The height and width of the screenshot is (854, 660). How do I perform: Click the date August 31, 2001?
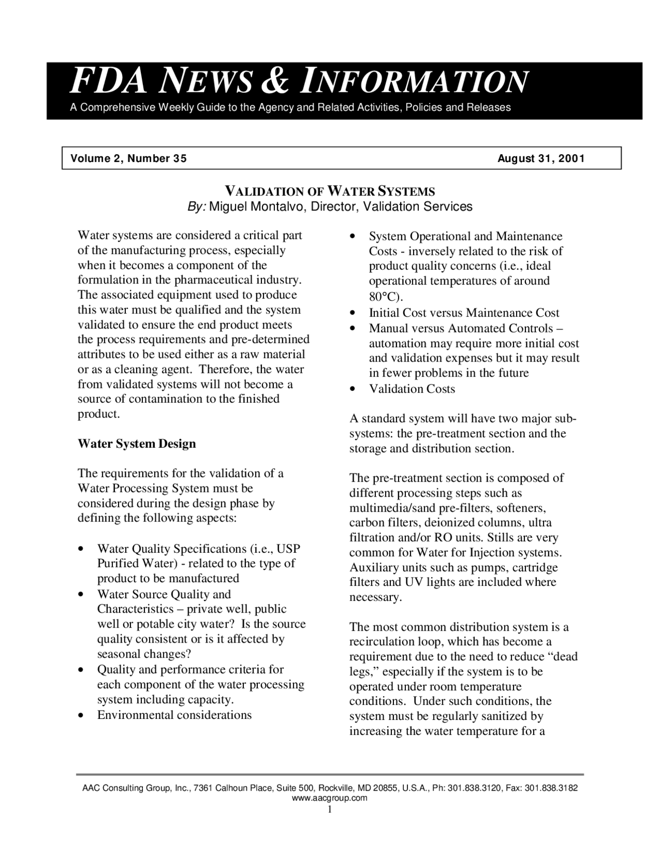tap(541, 158)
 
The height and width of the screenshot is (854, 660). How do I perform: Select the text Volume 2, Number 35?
tap(128, 158)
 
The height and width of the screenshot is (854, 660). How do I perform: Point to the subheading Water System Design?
tap(137, 444)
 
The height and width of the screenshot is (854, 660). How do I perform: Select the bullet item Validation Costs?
tap(411, 389)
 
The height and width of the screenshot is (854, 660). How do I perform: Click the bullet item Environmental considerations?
tap(174, 715)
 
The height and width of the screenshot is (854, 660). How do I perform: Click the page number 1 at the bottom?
tap(329, 809)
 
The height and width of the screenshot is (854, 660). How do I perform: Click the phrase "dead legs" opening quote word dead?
tap(565, 656)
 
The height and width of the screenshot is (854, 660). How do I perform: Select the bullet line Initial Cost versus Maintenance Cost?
tap(464, 313)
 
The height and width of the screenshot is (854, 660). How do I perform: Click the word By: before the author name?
tap(196, 207)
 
